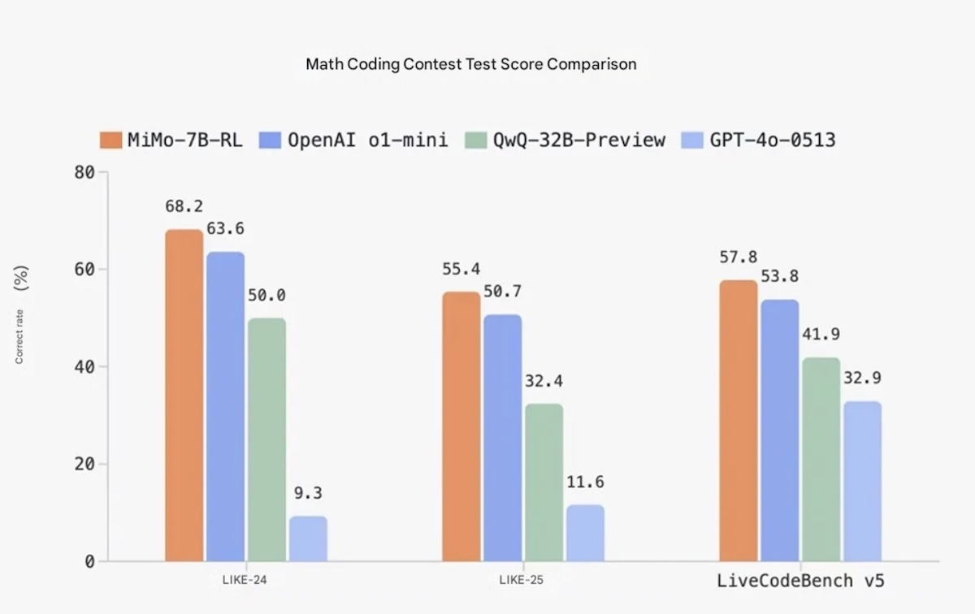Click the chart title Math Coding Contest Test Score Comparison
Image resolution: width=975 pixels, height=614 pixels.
(470, 64)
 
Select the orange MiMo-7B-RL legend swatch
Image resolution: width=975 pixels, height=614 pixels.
(111, 140)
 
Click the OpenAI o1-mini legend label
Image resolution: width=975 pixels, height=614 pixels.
(367, 140)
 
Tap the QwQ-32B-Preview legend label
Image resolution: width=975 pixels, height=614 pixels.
(578, 140)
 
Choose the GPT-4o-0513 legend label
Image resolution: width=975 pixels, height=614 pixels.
(773, 140)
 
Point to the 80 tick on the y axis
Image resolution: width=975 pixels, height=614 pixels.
(84, 172)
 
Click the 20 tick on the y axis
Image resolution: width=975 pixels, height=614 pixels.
(84, 465)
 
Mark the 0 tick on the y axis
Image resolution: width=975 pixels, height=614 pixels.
(90, 561)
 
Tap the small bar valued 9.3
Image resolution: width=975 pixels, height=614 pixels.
(308, 538)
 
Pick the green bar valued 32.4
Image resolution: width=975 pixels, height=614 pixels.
(544, 482)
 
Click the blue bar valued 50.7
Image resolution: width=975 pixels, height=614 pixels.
(502, 438)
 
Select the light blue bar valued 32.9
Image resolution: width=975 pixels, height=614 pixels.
(861, 481)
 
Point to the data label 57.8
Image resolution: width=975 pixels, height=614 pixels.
(739, 257)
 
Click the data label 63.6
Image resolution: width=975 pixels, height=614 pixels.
(225, 229)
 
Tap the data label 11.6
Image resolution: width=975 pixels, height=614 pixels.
(585, 482)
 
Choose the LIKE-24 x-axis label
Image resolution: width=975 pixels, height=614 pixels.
(245, 581)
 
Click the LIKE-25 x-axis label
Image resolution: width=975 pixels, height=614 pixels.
(522, 581)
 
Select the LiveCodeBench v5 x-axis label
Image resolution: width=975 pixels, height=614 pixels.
(799, 582)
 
